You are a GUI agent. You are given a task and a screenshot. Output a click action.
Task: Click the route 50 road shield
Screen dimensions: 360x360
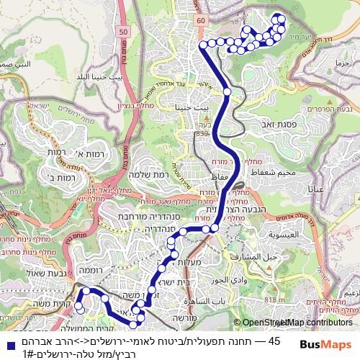124,32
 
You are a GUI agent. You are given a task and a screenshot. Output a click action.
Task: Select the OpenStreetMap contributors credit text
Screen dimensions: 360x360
293,323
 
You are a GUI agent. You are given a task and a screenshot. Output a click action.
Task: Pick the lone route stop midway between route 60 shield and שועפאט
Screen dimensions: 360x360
227,91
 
